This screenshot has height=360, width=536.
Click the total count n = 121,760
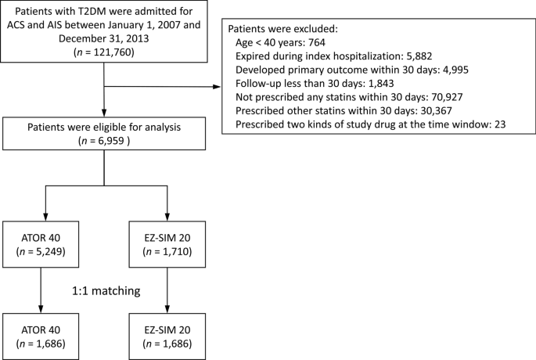click(105, 59)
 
